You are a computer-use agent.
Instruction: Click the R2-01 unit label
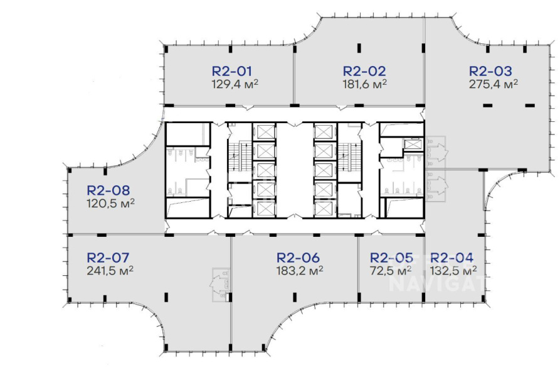[232, 71]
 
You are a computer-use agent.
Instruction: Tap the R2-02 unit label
[364, 71]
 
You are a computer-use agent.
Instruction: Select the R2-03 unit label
[490, 71]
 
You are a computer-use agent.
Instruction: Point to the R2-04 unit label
[452, 258]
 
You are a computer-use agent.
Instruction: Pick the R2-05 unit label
[391, 258]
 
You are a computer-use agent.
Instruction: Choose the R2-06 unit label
[298, 258]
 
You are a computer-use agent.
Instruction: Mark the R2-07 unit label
[108, 258]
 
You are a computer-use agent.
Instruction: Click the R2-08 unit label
[108, 190]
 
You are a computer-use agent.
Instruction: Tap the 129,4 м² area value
[235, 84]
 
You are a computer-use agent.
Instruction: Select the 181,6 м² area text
[365, 84]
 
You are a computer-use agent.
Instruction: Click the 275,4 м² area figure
[494, 84]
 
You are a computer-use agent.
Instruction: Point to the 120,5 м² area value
[110, 204]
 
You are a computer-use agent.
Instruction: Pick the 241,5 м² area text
[110, 270]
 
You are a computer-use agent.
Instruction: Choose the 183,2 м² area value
[300, 270]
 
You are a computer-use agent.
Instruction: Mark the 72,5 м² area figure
[390, 270]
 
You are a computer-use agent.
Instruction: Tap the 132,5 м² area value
[453, 270]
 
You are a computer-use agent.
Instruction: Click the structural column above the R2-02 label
[359, 48]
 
